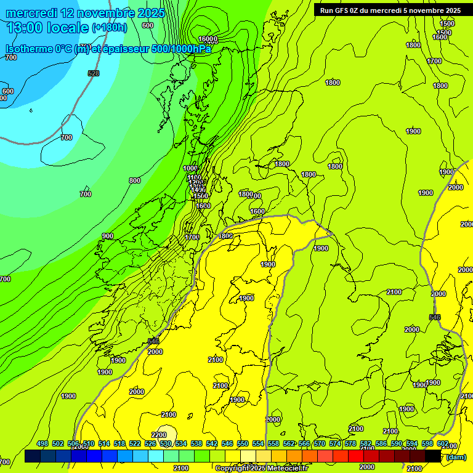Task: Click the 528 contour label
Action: coord(94,73)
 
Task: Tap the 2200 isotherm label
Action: coord(158,435)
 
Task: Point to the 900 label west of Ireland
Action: coord(108,236)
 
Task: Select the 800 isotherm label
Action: coord(134,180)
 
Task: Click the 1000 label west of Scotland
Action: coord(190,168)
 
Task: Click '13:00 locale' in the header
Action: coord(47,27)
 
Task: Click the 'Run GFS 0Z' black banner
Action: coord(390,10)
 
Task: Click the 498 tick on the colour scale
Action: coord(42,443)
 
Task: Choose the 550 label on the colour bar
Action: coord(243,443)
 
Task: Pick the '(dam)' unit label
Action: coord(456,456)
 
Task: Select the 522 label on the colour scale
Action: coord(135,443)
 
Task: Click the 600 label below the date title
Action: coord(147,25)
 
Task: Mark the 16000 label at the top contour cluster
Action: coord(208,39)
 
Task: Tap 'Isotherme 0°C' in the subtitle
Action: coord(38,49)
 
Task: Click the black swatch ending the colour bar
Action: coord(433,456)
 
